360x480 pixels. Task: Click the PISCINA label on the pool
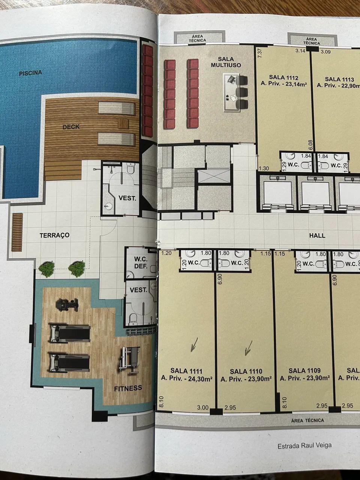30,73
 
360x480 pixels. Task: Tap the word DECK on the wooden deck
71,127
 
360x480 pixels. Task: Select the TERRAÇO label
55,235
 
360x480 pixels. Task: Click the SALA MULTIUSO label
226,62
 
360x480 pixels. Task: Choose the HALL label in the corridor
317,235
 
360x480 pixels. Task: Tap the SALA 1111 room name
186,371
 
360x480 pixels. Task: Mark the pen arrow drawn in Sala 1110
248,348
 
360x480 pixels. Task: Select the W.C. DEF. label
141,262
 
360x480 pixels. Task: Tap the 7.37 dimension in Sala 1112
259,53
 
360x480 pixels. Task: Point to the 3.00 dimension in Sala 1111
202,407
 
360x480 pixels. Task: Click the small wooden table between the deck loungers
123,123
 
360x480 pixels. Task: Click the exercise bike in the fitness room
67,304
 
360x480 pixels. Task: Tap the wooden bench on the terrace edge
17,232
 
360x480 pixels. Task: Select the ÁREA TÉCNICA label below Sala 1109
307,420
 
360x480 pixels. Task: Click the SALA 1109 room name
304,370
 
